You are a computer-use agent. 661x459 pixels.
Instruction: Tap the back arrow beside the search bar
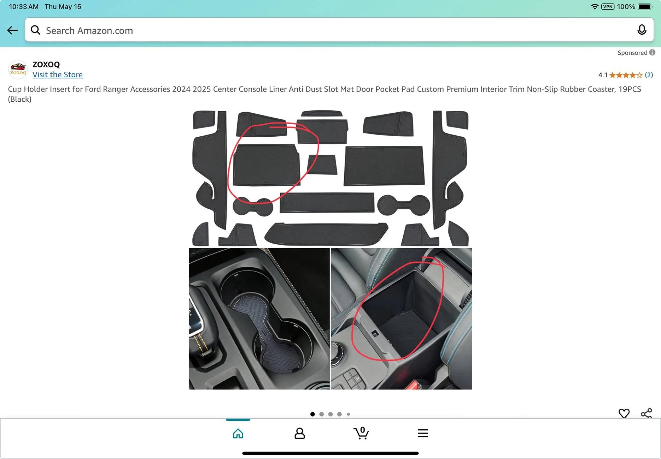pos(12,30)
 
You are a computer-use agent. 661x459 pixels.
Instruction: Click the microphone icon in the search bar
pos(642,30)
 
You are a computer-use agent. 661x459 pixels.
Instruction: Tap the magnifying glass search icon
pos(35,30)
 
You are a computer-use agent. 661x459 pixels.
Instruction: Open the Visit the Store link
pos(58,74)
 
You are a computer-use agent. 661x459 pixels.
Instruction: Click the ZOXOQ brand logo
pos(18,69)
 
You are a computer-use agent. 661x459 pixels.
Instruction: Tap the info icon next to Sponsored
pos(652,52)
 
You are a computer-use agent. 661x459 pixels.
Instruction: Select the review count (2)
pos(649,75)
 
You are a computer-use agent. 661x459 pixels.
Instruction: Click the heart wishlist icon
pos(624,413)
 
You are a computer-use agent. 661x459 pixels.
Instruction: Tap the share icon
pos(647,413)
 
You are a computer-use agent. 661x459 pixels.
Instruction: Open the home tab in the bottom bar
pos(238,433)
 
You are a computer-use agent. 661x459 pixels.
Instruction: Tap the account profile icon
pos(299,433)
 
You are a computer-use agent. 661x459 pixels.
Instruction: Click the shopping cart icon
pos(361,433)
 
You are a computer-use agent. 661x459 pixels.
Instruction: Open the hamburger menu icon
pos(423,433)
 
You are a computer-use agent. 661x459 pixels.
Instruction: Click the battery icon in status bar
pos(645,7)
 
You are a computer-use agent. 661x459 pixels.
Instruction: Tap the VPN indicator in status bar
pos(608,6)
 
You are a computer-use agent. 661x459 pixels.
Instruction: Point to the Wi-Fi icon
pos(595,7)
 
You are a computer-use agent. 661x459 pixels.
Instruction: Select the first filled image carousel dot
pos(312,414)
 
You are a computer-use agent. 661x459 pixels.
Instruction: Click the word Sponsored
pos(632,53)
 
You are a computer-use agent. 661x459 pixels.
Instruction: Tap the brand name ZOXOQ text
pos(46,64)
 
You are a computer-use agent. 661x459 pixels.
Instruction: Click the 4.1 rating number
pos(603,75)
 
